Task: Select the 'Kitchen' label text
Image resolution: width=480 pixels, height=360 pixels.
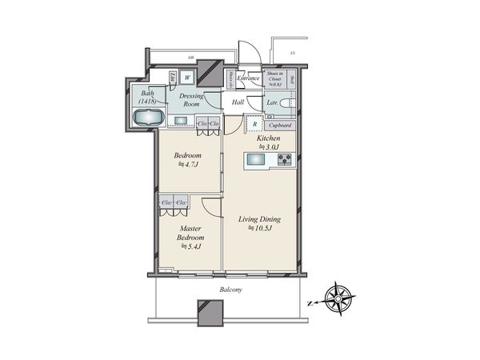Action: pyautogui.click(x=267, y=138)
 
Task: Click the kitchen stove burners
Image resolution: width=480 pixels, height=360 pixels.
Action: pyautogui.click(x=286, y=160)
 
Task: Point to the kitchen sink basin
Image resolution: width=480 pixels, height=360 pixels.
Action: pyautogui.click(x=258, y=160)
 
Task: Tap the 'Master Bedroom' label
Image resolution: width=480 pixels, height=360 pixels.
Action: pyautogui.click(x=190, y=233)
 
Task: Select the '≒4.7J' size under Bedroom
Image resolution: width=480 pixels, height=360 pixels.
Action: pyautogui.click(x=190, y=165)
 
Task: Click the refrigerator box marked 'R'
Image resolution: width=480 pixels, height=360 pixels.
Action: pyautogui.click(x=254, y=124)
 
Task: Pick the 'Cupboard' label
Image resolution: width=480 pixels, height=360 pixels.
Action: pyautogui.click(x=279, y=126)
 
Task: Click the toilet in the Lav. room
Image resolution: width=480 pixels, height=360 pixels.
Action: pyautogui.click(x=289, y=103)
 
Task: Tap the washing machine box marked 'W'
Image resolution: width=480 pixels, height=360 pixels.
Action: pyautogui.click(x=187, y=78)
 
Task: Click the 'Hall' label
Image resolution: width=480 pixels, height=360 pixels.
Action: pyautogui.click(x=238, y=102)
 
